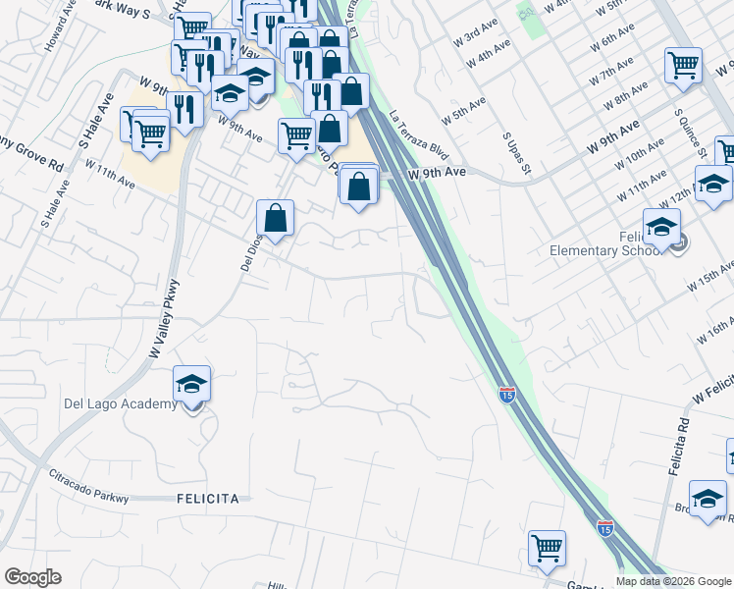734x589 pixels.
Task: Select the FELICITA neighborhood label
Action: [x=207, y=499]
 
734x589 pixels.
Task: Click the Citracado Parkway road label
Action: [x=88, y=486]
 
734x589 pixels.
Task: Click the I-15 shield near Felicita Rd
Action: [x=506, y=395]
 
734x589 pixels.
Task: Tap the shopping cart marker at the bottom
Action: [x=547, y=548]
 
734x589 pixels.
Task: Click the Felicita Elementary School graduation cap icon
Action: [x=662, y=226]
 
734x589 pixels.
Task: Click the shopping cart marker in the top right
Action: [x=683, y=66]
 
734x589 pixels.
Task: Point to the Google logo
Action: [x=33, y=577]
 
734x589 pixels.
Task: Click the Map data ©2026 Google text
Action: [x=672, y=581]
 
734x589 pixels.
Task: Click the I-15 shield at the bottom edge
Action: [x=605, y=527]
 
